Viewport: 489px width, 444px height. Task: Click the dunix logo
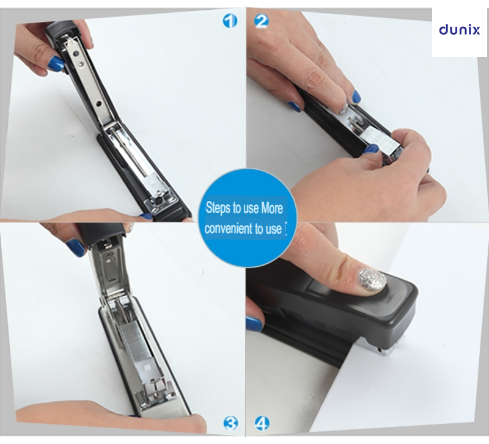460,30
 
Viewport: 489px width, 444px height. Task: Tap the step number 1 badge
229,22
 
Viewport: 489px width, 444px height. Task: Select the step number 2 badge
262,21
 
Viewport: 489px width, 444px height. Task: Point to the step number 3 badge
230,422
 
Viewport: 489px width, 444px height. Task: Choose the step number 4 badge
262,423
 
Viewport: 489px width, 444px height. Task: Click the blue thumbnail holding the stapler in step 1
56,63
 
